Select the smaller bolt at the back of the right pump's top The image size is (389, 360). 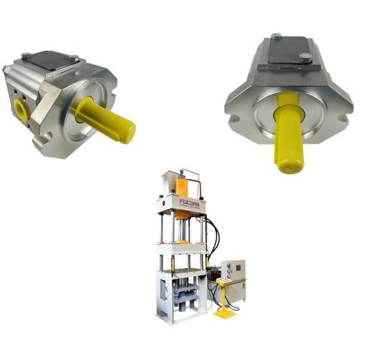point(276,36)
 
